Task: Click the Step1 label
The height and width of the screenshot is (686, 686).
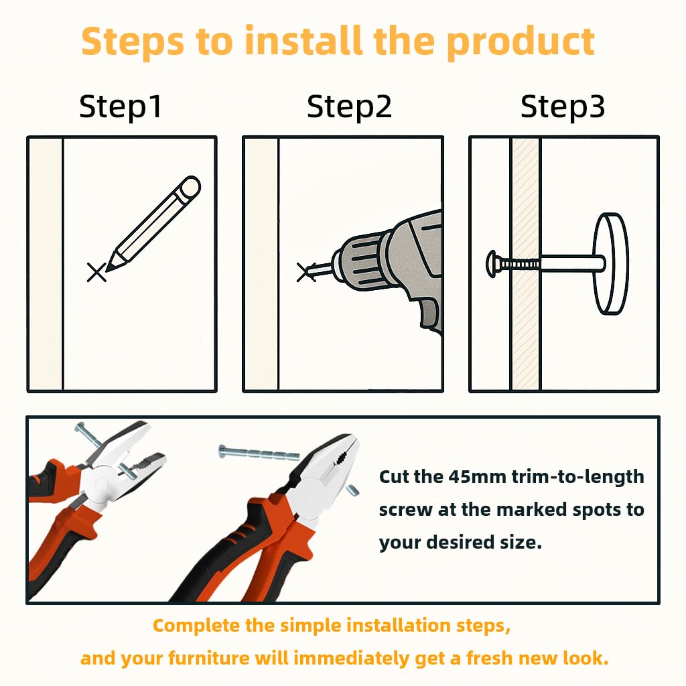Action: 121,107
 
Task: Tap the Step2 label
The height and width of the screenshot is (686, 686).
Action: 349,107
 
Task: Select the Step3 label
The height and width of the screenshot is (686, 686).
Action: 563,107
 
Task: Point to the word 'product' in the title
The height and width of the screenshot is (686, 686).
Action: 520,43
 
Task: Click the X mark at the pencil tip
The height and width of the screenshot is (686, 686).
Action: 96,272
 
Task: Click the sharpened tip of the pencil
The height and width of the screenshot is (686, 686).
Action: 108,269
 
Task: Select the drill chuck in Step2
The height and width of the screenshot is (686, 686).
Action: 359,262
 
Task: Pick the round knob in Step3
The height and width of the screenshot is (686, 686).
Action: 611,263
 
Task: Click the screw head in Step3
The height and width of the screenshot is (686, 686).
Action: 491,264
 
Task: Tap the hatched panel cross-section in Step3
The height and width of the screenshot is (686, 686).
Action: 526,264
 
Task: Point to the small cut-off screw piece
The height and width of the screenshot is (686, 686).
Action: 353,490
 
